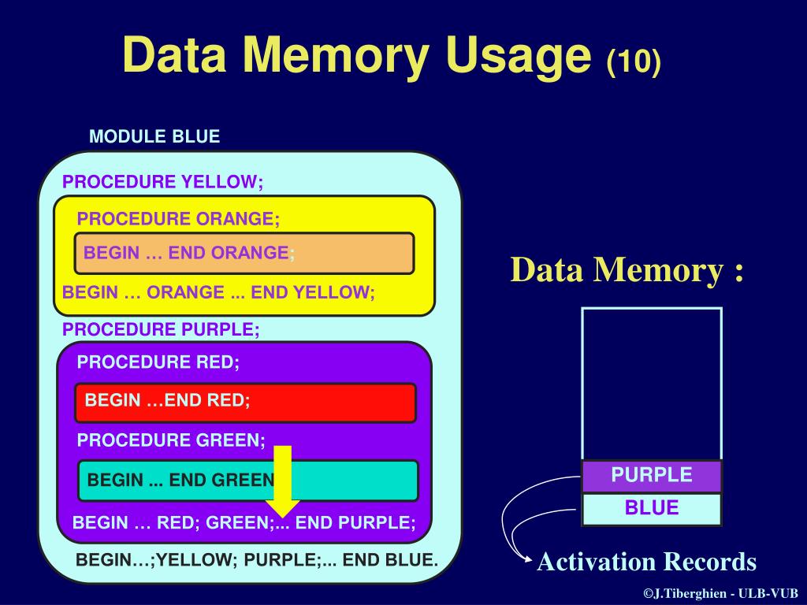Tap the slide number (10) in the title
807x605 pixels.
click(x=634, y=62)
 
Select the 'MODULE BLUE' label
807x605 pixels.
click(x=154, y=136)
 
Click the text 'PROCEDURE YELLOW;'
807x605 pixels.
click(x=163, y=182)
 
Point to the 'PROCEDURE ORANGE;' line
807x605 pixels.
click(x=178, y=219)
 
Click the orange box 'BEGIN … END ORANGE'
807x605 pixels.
click(x=244, y=253)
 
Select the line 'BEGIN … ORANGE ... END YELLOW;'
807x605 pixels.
click(x=218, y=292)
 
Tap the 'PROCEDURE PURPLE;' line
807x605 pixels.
click(x=161, y=328)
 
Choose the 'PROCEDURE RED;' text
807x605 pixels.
click(x=158, y=362)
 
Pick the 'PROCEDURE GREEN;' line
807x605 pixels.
click(x=171, y=440)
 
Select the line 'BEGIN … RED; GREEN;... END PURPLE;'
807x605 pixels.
click(x=244, y=522)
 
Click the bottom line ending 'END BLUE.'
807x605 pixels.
click(x=256, y=560)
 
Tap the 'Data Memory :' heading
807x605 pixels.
click(x=627, y=270)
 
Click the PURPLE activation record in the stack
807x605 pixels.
click(x=652, y=476)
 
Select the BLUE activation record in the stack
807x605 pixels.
click(x=652, y=508)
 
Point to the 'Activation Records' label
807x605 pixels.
click(x=646, y=562)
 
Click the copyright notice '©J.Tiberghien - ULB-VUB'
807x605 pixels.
click(x=720, y=593)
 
